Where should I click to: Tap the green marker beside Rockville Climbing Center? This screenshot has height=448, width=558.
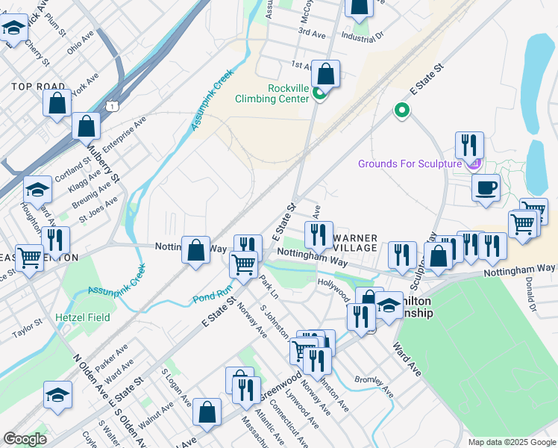coord(319,93)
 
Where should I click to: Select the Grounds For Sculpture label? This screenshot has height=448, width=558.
coord(410,164)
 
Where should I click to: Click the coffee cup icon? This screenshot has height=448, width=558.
coord(486,188)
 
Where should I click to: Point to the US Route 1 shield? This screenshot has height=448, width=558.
coord(112,108)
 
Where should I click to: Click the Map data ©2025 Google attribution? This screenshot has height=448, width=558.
coord(512,442)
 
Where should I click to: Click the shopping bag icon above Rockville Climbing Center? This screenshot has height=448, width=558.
coord(325,73)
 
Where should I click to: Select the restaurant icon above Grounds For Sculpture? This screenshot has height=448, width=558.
coord(469,144)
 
